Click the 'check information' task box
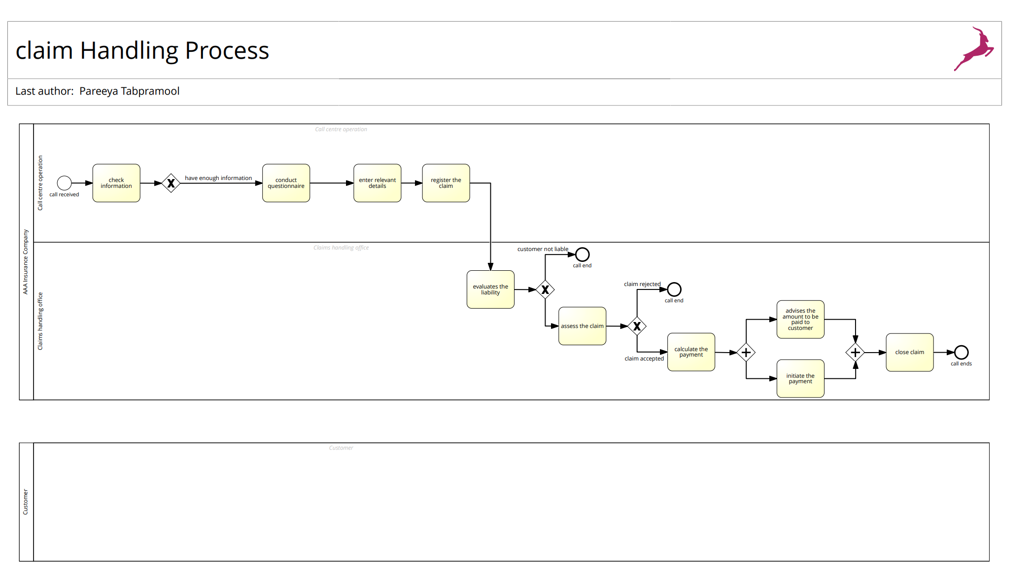116,183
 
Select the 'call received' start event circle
64,183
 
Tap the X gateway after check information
171,183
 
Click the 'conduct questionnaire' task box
286,183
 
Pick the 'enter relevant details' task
377,183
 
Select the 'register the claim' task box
446,183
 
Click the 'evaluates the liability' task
490,289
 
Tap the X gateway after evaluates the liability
545,289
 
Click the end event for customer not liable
582,254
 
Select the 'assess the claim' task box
582,326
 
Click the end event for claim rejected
674,289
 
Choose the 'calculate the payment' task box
691,352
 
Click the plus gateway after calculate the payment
746,352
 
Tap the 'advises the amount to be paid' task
800,320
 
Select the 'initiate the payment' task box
800,378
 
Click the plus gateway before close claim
855,352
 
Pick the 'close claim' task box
909,352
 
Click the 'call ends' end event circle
961,352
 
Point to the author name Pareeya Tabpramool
129,91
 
